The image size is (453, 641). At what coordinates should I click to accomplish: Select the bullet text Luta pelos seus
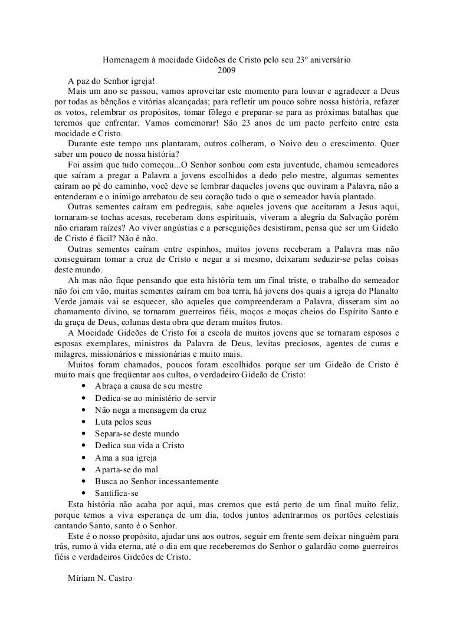(x=123, y=422)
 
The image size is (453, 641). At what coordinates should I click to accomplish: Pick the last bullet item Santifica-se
(x=117, y=492)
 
